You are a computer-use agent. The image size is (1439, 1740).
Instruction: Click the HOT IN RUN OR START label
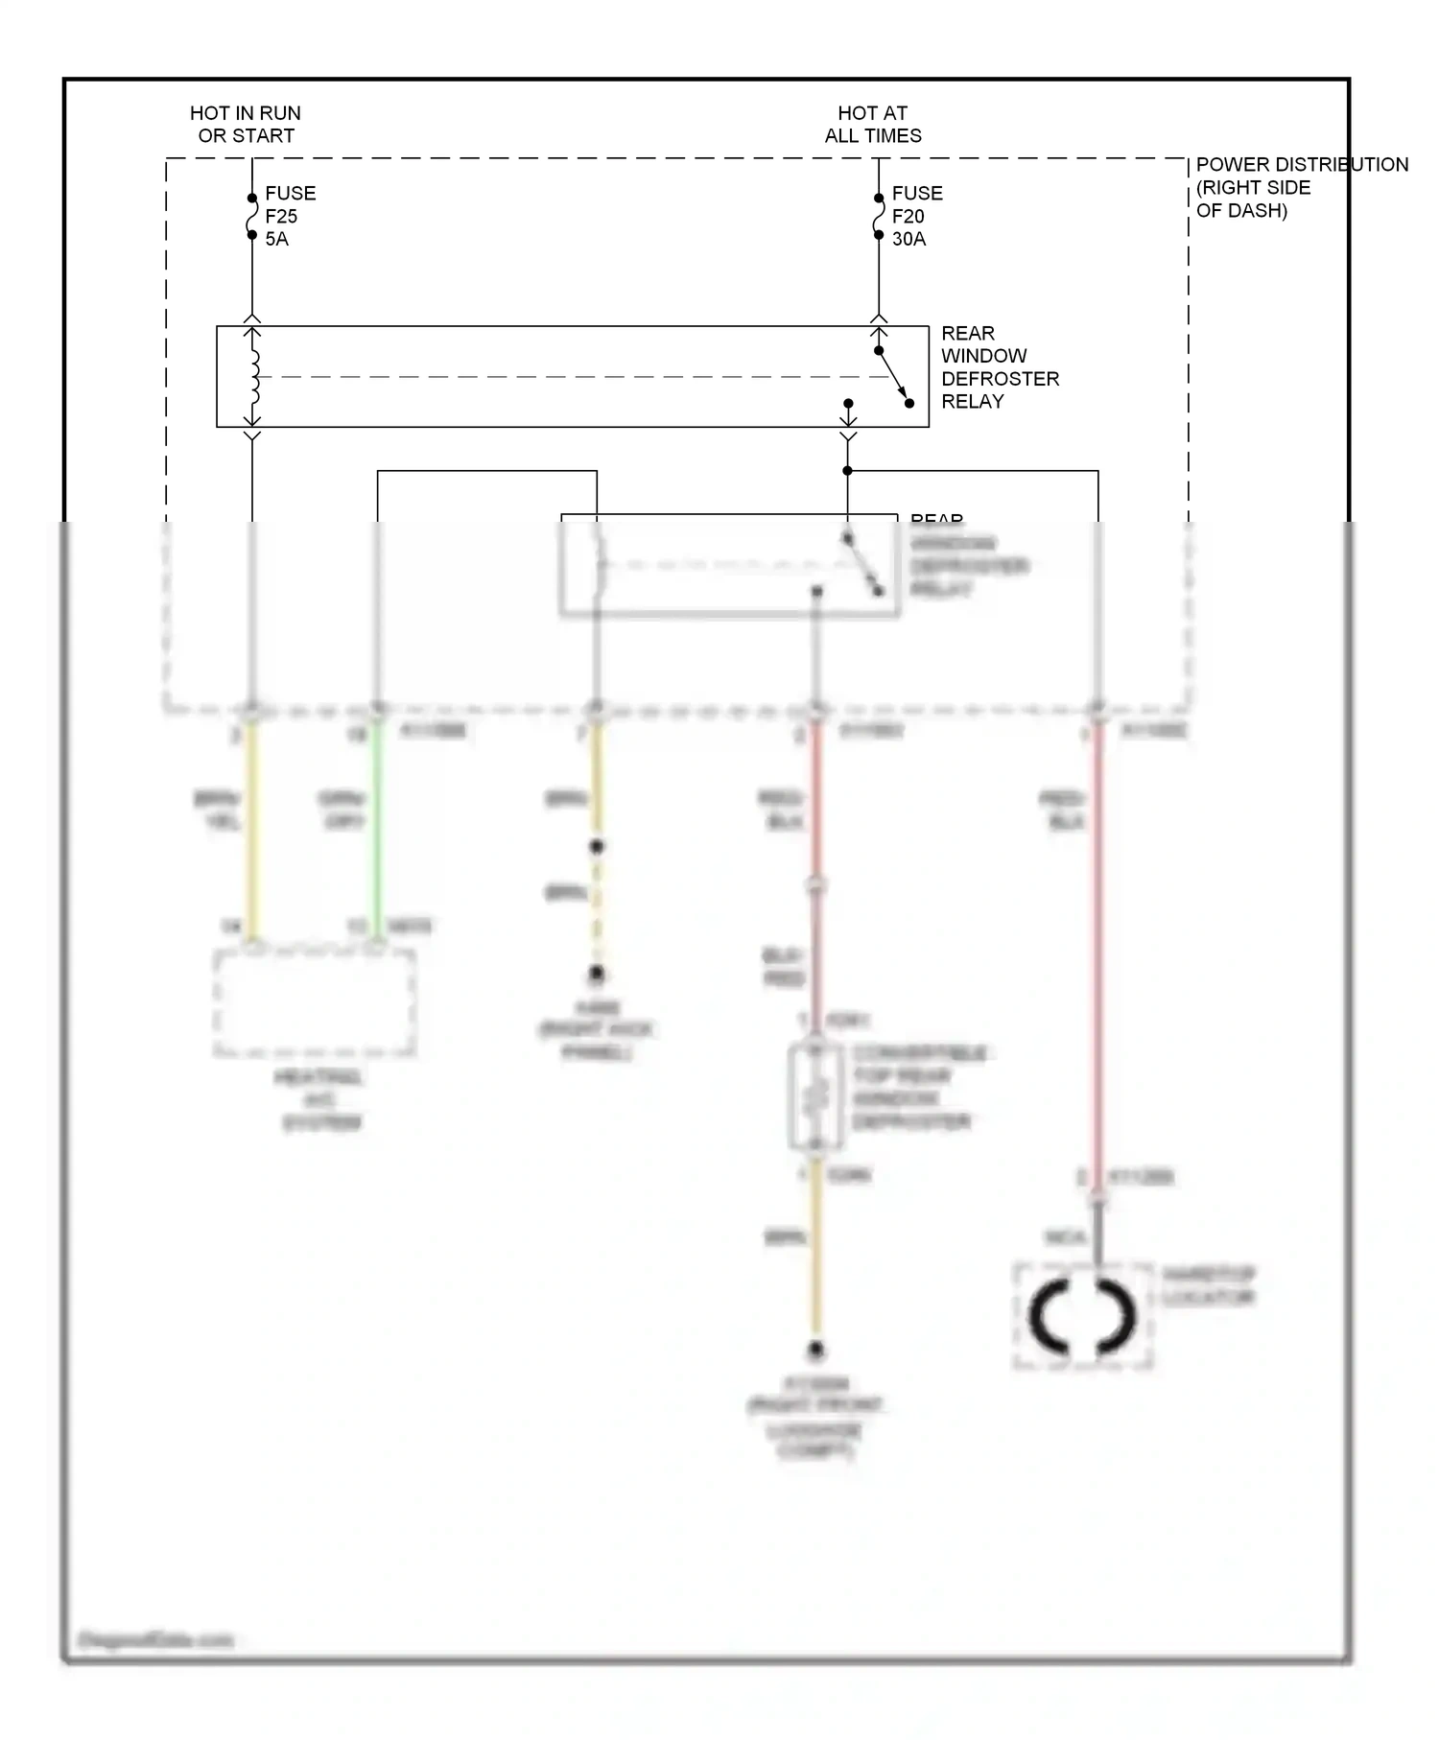[x=246, y=125]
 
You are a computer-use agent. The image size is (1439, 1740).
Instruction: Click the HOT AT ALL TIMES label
[x=872, y=125]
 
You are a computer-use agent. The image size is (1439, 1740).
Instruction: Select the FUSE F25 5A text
[x=289, y=216]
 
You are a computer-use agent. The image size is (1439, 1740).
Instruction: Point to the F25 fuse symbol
[x=251, y=217]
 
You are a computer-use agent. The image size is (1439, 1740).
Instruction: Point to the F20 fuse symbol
[x=878, y=217]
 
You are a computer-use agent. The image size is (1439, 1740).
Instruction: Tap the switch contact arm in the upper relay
[x=893, y=377]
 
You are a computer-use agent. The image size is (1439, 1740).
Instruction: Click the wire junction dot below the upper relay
[x=847, y=471]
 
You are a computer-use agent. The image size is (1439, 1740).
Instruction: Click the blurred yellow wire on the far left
[x=251, y=825]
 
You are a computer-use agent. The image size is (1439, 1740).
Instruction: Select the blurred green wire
[x=377, y=825]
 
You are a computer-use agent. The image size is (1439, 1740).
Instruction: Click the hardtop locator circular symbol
[x=1082, y=1316]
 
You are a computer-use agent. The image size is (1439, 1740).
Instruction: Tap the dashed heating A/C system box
[x=315, y=1002]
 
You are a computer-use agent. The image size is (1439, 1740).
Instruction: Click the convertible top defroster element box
[x=815, y=1098]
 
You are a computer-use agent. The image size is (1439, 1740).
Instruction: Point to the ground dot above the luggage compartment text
[x=815, y=1350]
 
